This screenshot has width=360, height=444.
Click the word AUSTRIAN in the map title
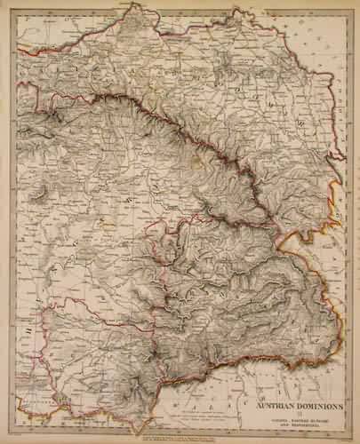[276, 407]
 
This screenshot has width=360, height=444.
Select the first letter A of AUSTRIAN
[259, 407]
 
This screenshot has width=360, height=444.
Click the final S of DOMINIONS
[340, 407]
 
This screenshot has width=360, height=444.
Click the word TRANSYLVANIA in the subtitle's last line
[302, 425]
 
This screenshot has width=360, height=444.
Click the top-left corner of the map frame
[15, 10]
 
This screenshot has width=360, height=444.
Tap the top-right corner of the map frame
[345, 10]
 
